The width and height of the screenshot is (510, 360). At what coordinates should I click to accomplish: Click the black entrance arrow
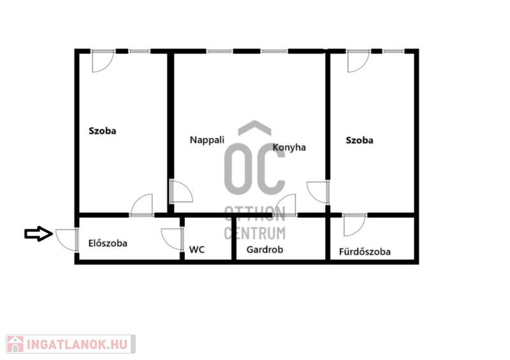tap(39, 233)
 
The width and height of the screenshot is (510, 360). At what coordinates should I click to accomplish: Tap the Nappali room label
tap(207, 140)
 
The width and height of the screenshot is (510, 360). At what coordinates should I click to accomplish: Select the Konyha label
tap(289, 148)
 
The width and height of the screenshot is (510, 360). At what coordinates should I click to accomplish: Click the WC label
tap(197, 250)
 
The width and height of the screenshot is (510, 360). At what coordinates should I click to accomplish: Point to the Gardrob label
tap(265, 250)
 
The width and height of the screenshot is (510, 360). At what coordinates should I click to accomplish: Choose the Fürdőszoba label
tap(365, 252)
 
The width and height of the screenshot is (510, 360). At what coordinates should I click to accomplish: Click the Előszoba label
tap(108, 243)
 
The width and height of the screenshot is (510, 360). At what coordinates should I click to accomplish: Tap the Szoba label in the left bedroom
tap(103, 131)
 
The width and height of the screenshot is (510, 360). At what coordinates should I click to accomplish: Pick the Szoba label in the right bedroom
tap(360, 140)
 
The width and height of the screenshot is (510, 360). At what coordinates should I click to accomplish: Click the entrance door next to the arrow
tap(67, 240)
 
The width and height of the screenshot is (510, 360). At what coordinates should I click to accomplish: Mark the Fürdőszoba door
tap(354, 225)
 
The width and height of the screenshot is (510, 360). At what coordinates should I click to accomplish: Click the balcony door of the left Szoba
tap(103, 61)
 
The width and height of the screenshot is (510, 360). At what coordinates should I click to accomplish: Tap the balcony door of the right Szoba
tap(358, 61)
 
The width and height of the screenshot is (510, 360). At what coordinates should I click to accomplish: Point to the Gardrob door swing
tap(284, 205)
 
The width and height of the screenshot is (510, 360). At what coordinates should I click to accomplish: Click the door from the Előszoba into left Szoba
tap(142, 205)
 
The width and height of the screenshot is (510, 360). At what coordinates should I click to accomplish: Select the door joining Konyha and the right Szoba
tap(318, 192)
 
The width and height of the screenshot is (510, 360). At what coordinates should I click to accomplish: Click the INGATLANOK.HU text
tap(76, 344)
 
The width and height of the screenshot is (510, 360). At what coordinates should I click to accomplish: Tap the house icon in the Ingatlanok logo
tap(15, 344)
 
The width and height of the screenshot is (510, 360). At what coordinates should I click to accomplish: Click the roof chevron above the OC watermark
tap(254, 128)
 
